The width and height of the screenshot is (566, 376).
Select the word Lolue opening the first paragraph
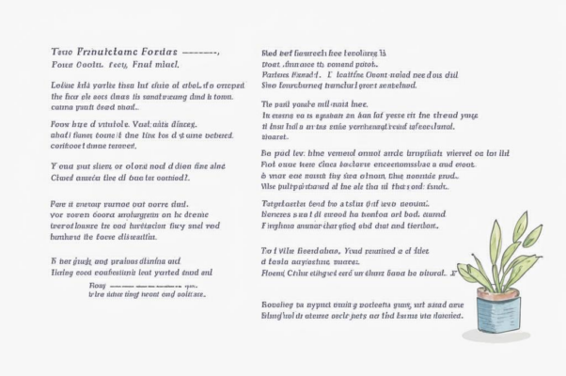point(61,86)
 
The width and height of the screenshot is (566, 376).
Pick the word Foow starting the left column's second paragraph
point(60,122)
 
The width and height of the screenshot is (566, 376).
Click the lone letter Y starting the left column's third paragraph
point(52,165)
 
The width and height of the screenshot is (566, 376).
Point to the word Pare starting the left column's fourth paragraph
point(59,202)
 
